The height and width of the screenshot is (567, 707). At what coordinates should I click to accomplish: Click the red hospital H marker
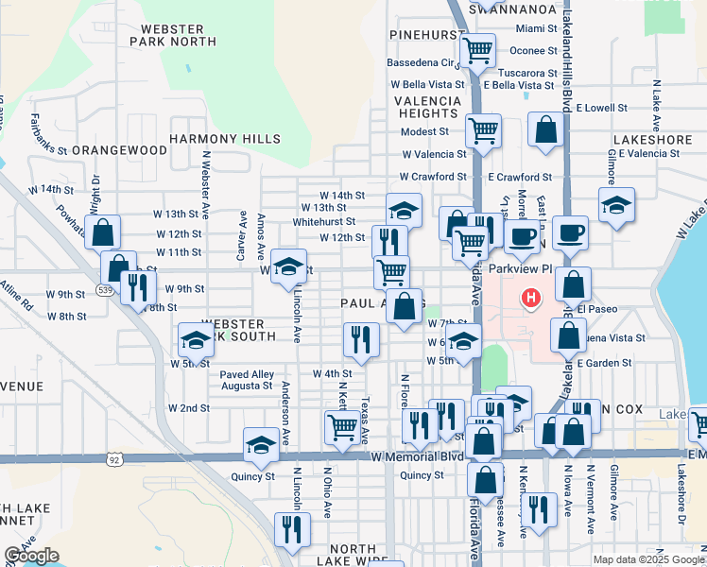pos(531,299)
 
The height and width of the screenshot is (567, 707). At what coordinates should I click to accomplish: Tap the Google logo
pos(31,557)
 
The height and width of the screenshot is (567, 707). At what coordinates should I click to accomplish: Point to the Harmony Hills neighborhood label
pos(225,139)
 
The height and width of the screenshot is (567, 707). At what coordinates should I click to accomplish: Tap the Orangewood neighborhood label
pos(119,150)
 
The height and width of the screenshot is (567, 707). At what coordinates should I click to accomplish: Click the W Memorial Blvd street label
pos(417,456)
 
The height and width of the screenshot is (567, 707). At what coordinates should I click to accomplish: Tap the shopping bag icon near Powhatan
pos(103,231)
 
